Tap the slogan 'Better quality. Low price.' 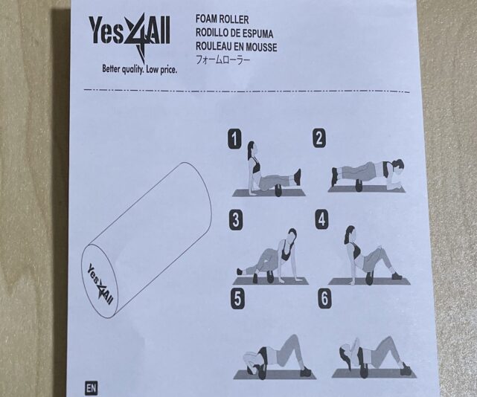coord(139,69)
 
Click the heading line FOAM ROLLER coord(222,19)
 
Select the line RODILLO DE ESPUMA coord(234,33)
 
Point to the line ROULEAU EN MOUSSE coord(237,47)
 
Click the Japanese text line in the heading coord(223,59)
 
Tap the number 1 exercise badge coord(234,139)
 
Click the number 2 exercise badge coord(319,138)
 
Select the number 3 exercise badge coord(236,220)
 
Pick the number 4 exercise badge coord(322,219)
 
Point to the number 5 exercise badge coord(237,299)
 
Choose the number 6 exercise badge coord(324,298)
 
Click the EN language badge coord(91,388)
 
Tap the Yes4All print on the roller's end coord(100,284)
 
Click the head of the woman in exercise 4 coord(350,233)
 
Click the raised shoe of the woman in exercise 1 coord(298,177)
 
